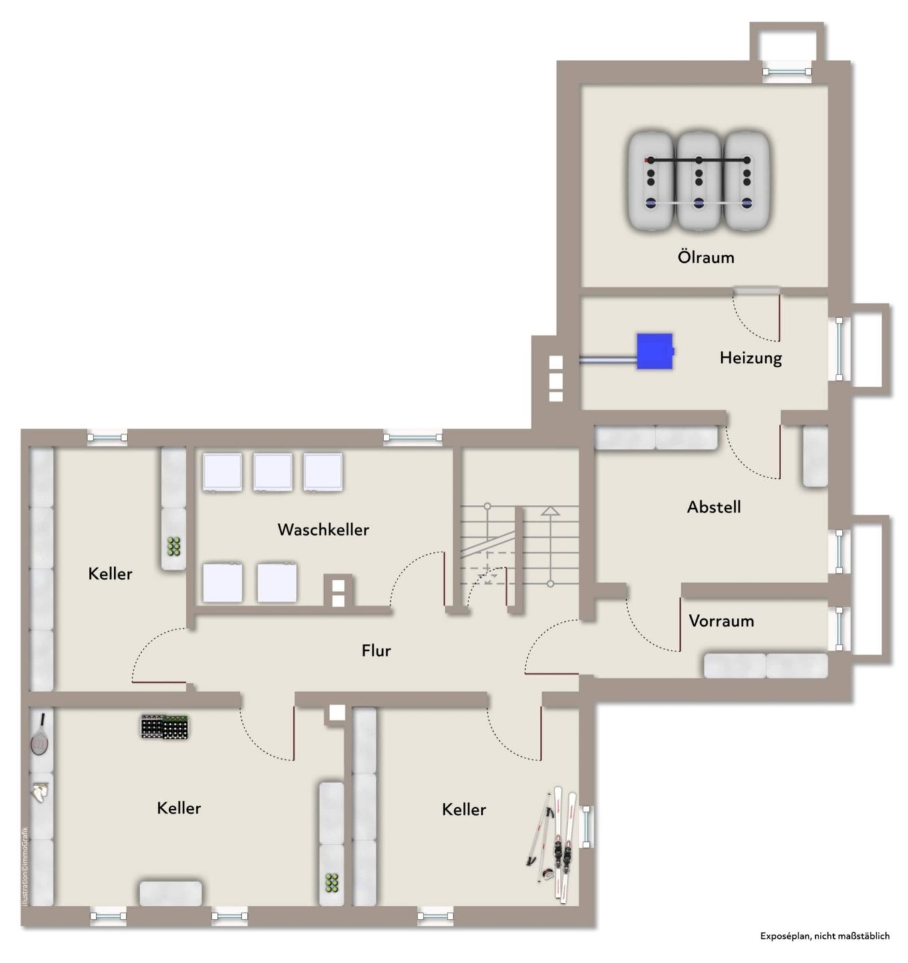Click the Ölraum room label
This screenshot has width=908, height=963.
pos(706,257)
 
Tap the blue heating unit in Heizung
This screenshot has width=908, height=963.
pos(655,351)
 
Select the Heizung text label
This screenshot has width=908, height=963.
pos(750,358)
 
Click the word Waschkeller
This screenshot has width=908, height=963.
pos(323,530)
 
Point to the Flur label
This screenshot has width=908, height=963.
pos(376,650)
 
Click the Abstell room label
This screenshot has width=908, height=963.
pos(714,507)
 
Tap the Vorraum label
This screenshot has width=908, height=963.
pos(721,621)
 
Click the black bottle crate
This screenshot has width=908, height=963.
pos(165,726)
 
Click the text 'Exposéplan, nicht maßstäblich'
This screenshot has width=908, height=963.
pos(824,936)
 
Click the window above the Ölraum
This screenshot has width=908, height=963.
pos(787,72)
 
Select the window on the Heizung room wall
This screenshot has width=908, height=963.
pos(839,348)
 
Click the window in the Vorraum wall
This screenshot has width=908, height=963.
pos(839,629)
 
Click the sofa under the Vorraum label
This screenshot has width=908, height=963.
pos(766,665)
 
